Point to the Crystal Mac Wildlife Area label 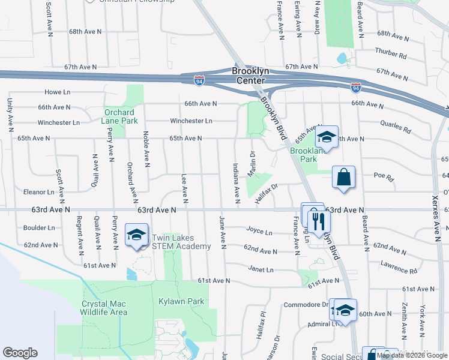[x=104, y=308]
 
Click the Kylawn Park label [x=181, y=301]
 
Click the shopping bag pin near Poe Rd [x=343, y=178]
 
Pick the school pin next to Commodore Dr [x=345, y=310]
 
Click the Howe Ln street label [x=58, y=92]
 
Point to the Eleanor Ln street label [x=39, y=192]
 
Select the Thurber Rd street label [x=390, y=55]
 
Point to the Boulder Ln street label [x=39, y=228]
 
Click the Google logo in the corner [x=20, y=353]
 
